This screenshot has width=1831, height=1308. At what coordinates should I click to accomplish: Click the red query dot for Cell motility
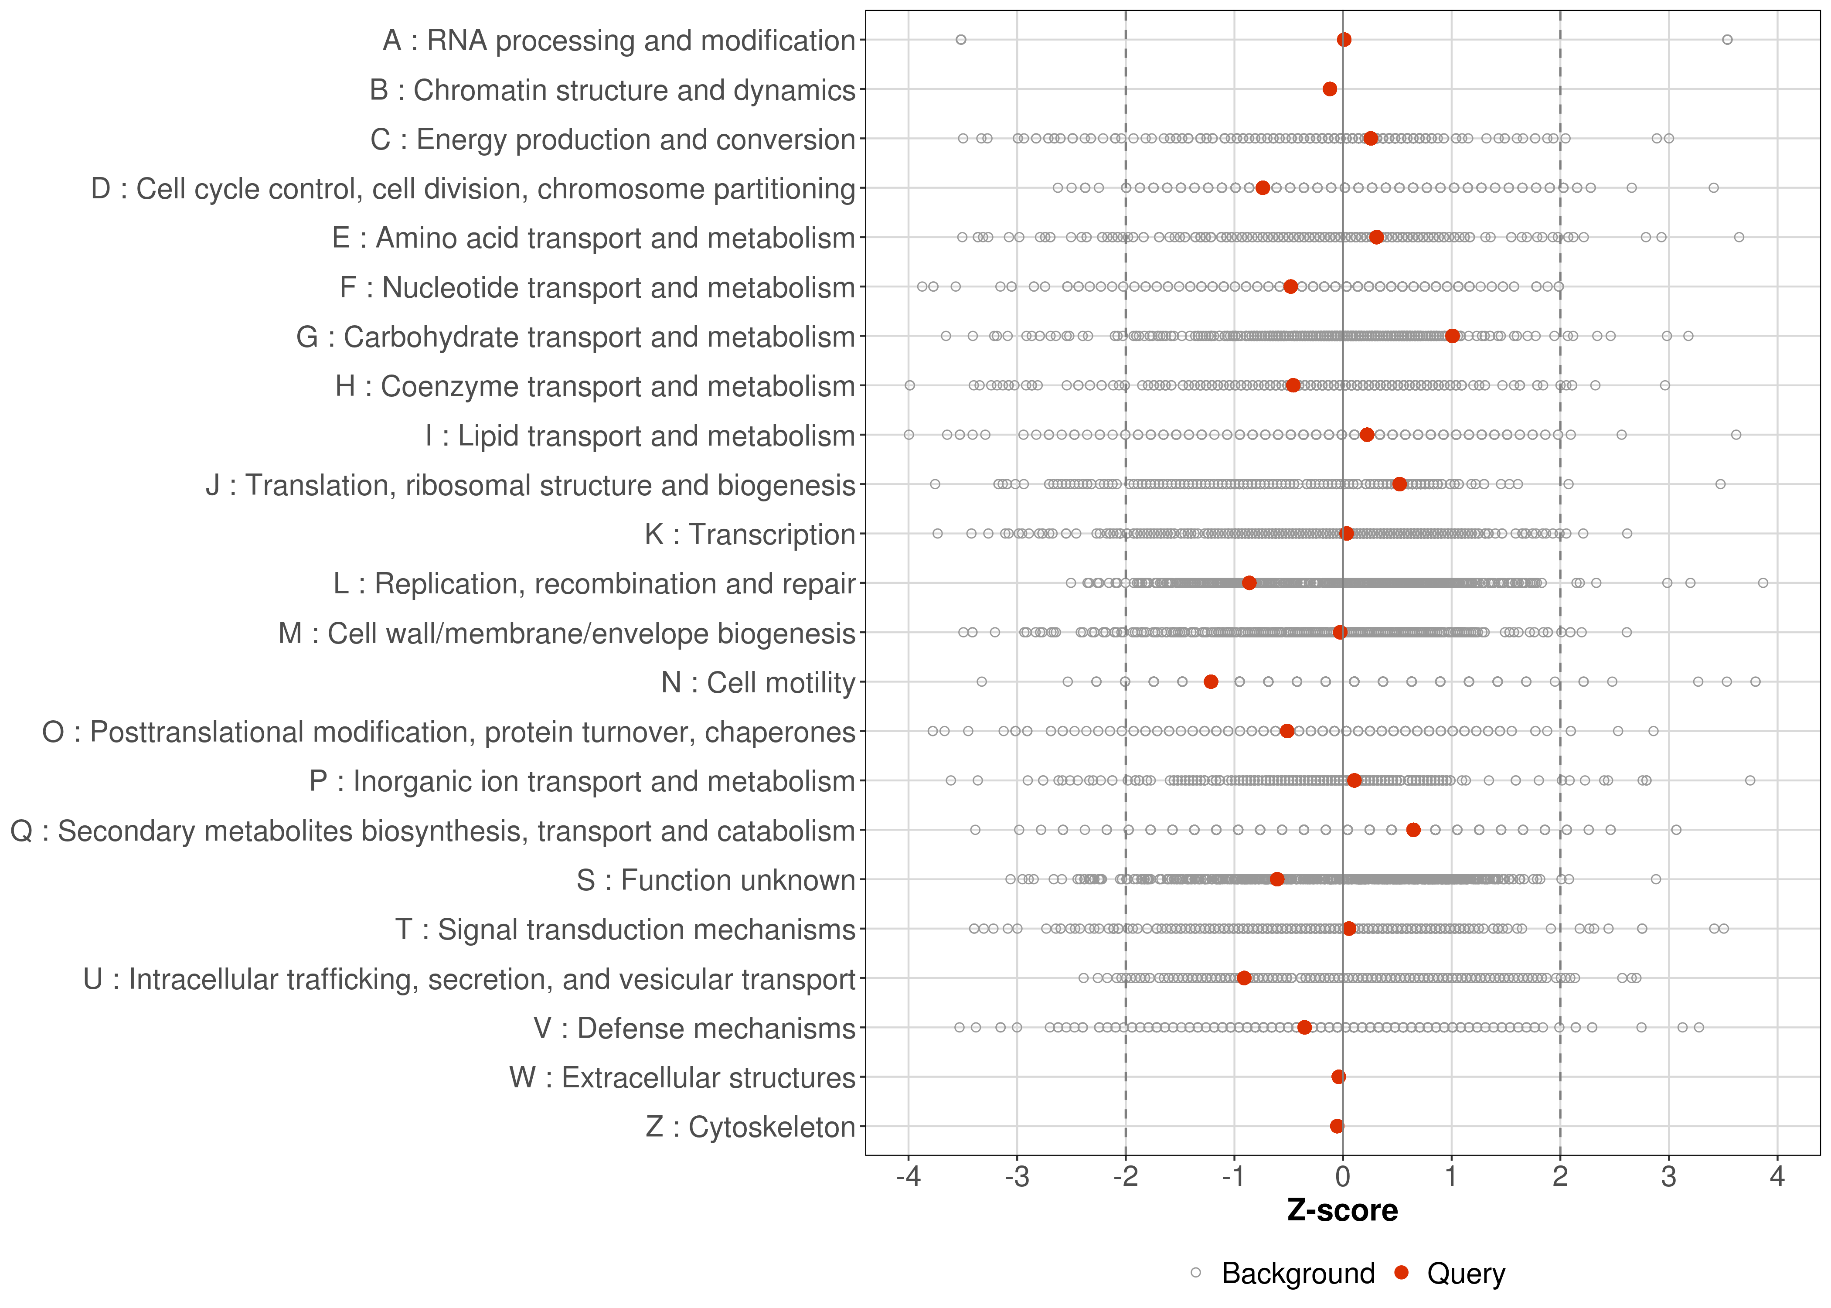coord(1210,681)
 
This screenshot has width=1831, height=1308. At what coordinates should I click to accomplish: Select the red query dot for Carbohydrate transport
coord(1452,336)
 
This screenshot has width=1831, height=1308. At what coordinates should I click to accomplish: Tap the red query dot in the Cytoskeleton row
coord(1337,1126)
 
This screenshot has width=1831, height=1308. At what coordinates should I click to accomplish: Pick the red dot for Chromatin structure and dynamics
coord(1329,89)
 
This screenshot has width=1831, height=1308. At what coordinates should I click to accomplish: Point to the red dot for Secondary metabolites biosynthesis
coord(1413,830)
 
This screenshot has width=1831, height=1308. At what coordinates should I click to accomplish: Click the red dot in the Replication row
coord(1249,582)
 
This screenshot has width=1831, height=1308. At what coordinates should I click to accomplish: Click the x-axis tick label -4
coord(908,1177)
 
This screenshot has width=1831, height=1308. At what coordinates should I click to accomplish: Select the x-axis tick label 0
coord(1342,1177)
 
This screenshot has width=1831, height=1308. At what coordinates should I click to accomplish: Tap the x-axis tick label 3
coord(1668,1177)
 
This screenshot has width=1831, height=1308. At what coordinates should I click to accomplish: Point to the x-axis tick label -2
coord(1125,1177)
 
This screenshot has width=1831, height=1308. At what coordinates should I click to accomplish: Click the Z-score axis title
coord(1342,1210)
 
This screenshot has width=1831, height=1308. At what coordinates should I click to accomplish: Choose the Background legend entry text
coord(1298,1274)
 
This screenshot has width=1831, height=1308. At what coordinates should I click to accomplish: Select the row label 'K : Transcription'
coord(750,534)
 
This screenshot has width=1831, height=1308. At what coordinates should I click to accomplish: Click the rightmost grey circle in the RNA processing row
coord(1727,40)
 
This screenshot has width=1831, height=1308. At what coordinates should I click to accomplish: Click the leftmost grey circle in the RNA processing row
coord(960,40)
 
